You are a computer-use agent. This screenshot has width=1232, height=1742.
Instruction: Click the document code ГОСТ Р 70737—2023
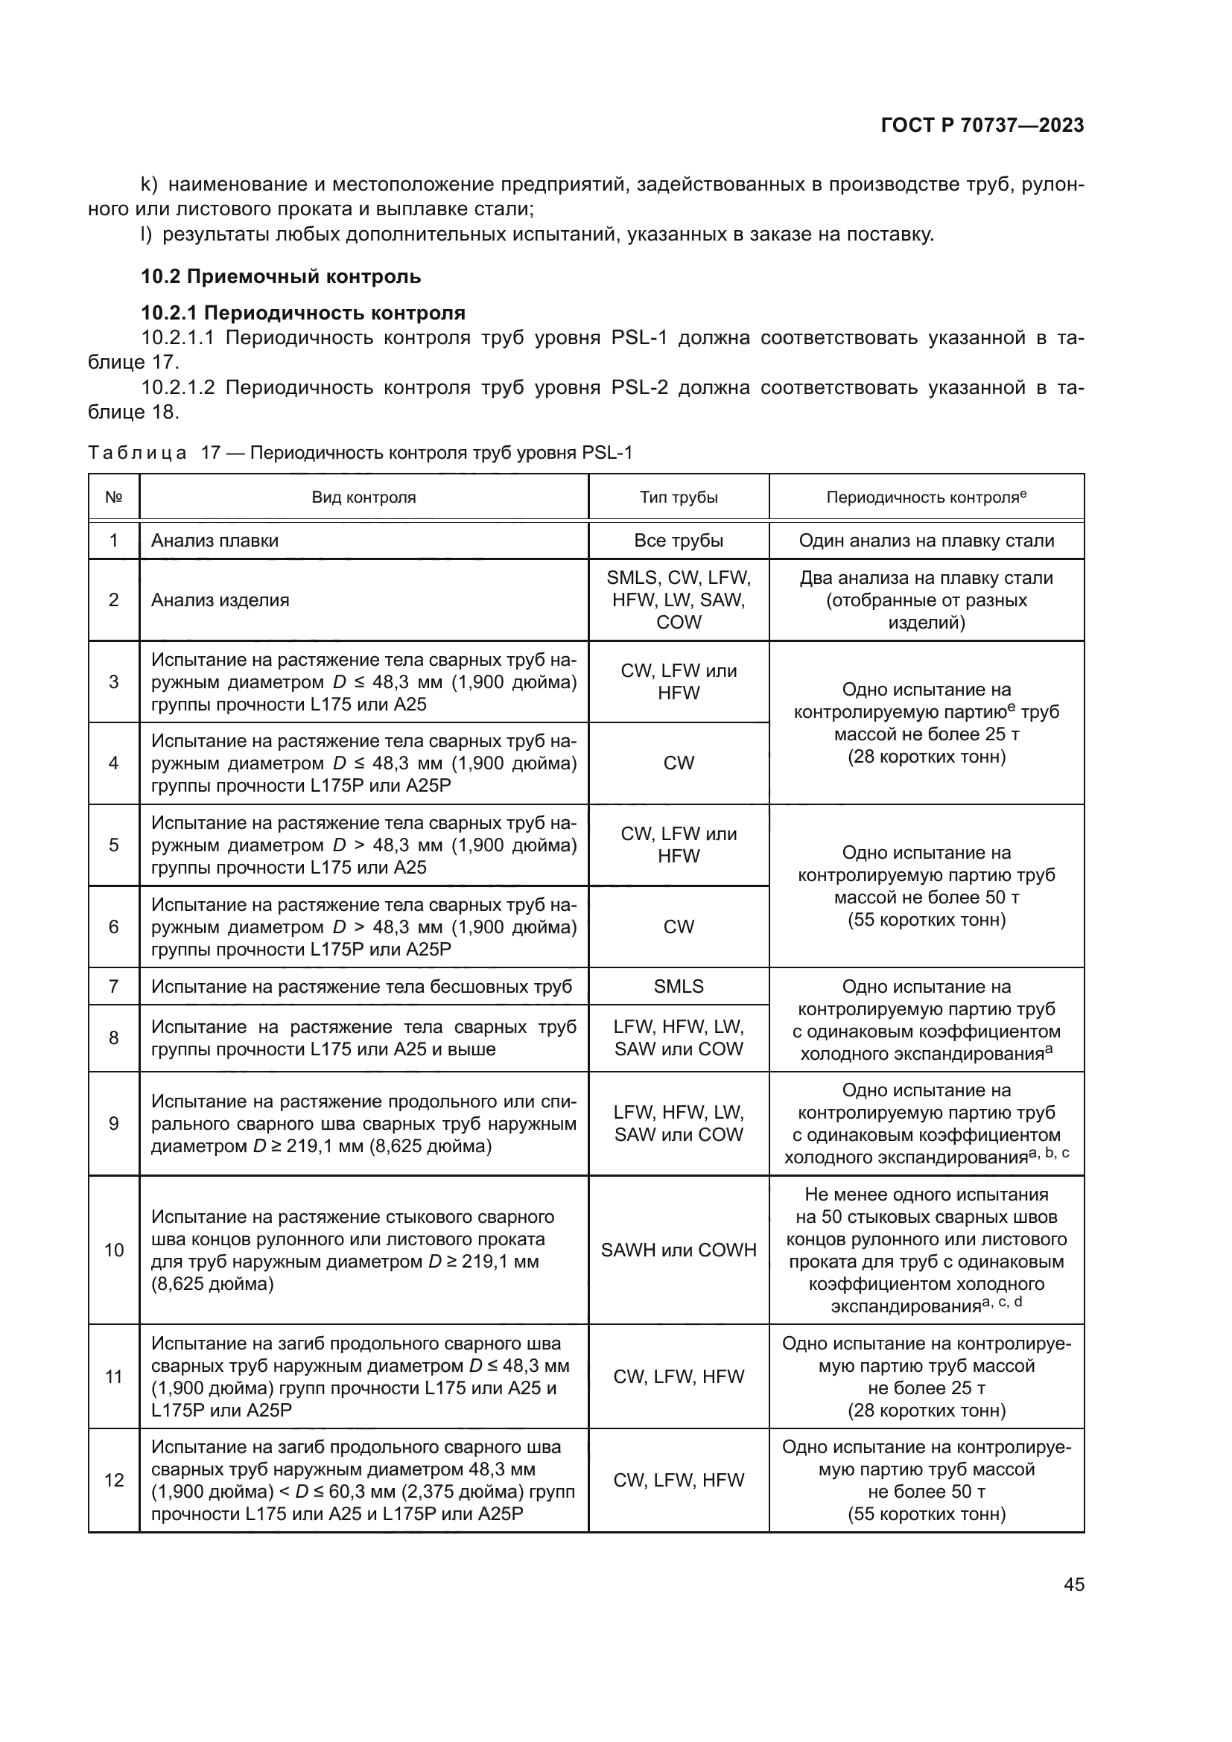coord(982,126)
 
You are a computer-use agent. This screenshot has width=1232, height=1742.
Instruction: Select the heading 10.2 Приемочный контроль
coord(281,277)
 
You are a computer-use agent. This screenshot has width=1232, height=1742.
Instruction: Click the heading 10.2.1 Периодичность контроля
coord(302,313)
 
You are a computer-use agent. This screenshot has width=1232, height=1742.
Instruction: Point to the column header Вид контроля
coord(363,498)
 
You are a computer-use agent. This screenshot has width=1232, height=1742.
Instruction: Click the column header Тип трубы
coord(679,498)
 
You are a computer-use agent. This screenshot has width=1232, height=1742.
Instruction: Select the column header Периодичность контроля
coord(926,498)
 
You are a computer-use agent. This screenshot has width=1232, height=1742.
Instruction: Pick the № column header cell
coord(114,498)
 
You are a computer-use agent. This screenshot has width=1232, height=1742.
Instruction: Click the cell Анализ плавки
coord(215,541)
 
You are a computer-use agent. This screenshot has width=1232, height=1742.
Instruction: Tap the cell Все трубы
coord(679,541)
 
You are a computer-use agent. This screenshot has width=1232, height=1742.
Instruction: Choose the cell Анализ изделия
coord(220,600)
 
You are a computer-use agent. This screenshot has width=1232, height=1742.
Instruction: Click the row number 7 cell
coord(114,986)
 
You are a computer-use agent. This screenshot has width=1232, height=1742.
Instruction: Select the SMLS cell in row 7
coord(679,986)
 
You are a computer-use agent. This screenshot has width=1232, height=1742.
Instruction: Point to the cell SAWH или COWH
coord(679,1250)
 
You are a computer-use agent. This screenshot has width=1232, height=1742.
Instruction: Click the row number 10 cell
coord(114,1250)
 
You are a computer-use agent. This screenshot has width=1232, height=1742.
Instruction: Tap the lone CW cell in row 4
coord(679,763)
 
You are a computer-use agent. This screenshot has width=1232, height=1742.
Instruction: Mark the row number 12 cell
coord(114,1481)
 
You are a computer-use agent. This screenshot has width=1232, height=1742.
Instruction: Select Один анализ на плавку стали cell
coord(926,541)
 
